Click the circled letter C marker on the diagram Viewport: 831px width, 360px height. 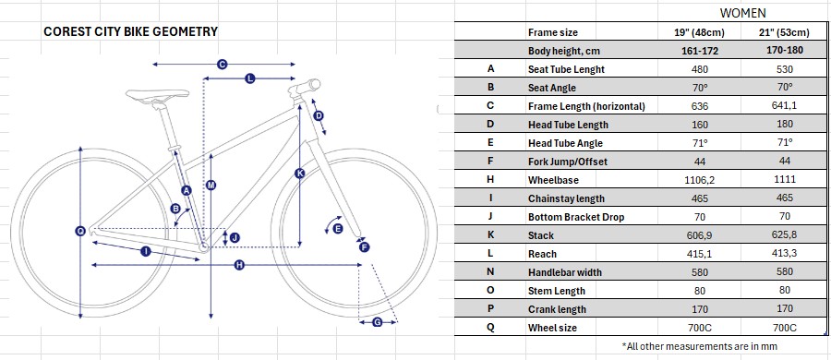[x=223, y=64]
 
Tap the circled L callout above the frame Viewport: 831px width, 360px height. [x=250, y=78]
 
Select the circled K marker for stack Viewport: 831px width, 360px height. [x=300, y=173]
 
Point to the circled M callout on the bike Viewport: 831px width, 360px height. [x=211, y=185]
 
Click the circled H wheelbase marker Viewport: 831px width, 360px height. [x=239, y=265]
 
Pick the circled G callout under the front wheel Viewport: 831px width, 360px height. [x=378, y=322]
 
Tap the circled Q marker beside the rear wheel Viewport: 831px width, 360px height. [x=80, y=231]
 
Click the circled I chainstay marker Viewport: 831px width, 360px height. [x=145, y=251]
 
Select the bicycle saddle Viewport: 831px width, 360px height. [x=157, y=95]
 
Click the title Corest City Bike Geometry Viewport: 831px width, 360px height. [x=130, y=31]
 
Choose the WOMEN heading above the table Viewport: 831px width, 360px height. [x=742, y=13]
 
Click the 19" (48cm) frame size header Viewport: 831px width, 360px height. [x=700, y=32]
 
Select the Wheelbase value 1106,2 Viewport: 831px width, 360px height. [x=700, y=180]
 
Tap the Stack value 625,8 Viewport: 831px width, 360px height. [x=784, y=234]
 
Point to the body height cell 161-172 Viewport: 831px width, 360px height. [x=700, y=51]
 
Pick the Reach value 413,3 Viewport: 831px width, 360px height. [x=784, y=254]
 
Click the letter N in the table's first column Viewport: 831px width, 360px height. [x=490, y=272]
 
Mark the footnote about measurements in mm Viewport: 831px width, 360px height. [x=700, y=346]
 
